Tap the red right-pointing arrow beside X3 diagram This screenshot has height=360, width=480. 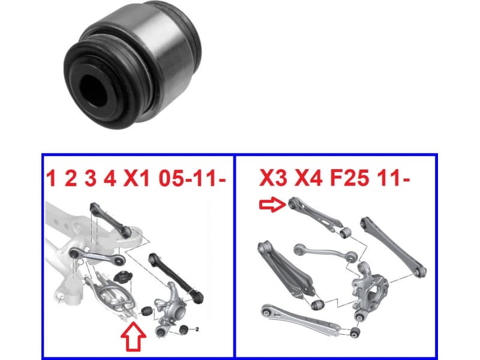click(x=269, y=205)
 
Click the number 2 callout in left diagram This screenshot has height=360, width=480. click(x=197, y=329)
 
